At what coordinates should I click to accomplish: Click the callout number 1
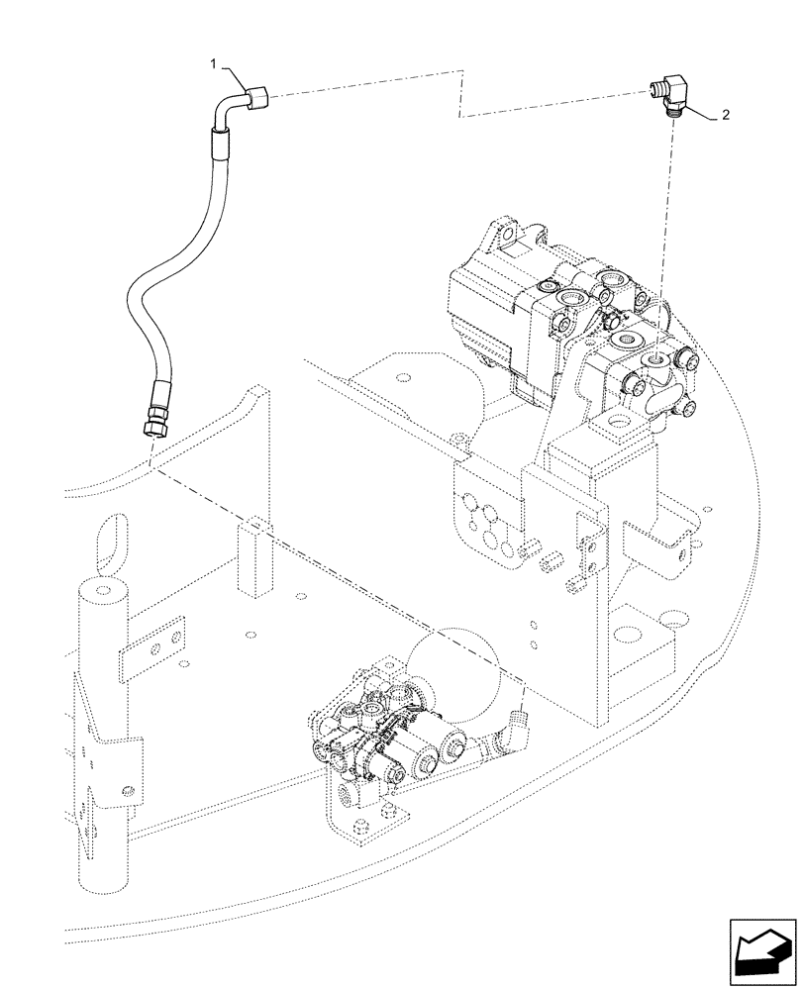214,62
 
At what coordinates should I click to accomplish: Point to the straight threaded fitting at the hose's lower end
153,417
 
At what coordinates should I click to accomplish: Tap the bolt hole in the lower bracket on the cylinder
127,788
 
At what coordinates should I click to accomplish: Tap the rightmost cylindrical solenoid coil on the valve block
454,744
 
